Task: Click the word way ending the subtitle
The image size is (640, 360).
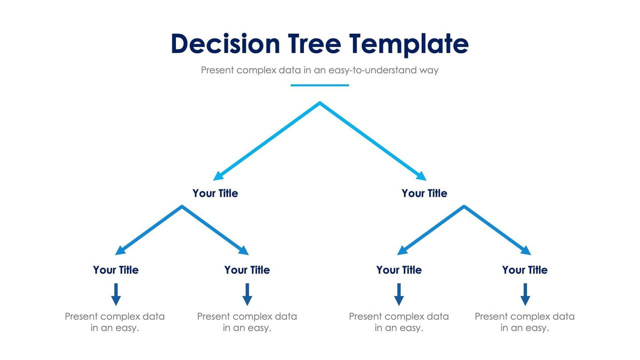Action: click(x=428, y=70)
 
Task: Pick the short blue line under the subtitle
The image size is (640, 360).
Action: click(x=319, y=85)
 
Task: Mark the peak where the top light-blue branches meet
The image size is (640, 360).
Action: click(x=319, y=103)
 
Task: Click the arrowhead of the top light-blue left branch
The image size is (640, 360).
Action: click(x=218, y=177)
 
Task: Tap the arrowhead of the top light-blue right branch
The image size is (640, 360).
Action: click(x=421, y=177)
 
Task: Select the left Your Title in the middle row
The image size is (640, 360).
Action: click(x=215, y=193)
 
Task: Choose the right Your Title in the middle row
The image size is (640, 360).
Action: click(x=424, y=193)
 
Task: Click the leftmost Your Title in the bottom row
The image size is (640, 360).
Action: click(x=115, y=270)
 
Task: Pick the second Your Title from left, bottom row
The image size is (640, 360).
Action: click(x=247, y=270)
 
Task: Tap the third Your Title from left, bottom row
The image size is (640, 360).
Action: click(x=398, y=270)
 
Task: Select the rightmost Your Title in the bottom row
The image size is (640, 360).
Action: click(x=524, y=270)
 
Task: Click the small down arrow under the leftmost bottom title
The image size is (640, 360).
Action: click(x=116, y=294)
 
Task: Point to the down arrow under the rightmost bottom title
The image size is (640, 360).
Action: click(x=525, y=294)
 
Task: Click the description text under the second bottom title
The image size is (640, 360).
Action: click(x=247, y=322)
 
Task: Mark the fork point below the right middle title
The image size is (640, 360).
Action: click(x=464, y=206)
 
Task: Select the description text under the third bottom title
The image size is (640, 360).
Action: click(x=398, y=322)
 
